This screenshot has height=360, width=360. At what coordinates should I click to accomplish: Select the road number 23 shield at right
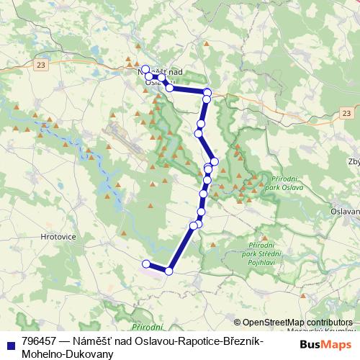pyautogui.click(x=346, y=113)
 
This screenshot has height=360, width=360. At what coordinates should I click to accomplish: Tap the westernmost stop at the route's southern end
pyautogui.click(x=146, y=264)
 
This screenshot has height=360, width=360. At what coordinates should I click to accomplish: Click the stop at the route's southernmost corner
pyautogui.click(x=169, y=271)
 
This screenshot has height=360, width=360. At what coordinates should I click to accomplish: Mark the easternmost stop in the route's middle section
pyautogui.click(x=214, y=161)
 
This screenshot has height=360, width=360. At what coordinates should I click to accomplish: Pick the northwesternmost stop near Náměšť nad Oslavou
pyautogui.click(x=145, y=70)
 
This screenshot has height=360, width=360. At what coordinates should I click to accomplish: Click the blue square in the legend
pyautogui.click(x=9, y=344)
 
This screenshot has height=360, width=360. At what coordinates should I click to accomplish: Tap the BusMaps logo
pyautogui.click(x=323, y=345)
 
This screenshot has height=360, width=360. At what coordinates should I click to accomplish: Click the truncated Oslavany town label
pyautogui.click(x=345, y=212)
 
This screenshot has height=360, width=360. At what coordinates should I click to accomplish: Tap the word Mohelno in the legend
pyautogui.click(x=42, y=354)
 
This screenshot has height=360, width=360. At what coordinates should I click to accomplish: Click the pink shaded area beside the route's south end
pyautogui.click(x=153, y=271)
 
